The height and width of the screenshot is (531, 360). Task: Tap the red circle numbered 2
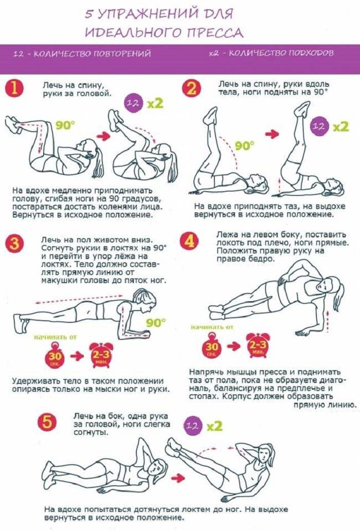coord(191,89)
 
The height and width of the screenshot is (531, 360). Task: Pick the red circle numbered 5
coord(47,423)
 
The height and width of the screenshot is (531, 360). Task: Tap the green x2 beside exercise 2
coord(340,126)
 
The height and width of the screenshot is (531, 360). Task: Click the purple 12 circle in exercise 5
coord(192,426)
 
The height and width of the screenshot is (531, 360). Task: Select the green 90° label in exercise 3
coord(156,323)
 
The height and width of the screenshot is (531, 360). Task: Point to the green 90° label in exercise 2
coord(244,146)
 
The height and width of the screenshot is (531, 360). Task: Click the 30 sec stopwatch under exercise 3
coord(55,355)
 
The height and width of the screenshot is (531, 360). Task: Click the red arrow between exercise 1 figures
coord(104,136)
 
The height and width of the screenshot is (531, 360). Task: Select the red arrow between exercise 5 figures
coord(178,478)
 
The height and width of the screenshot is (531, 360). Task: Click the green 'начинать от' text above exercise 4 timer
coord(212,327)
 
